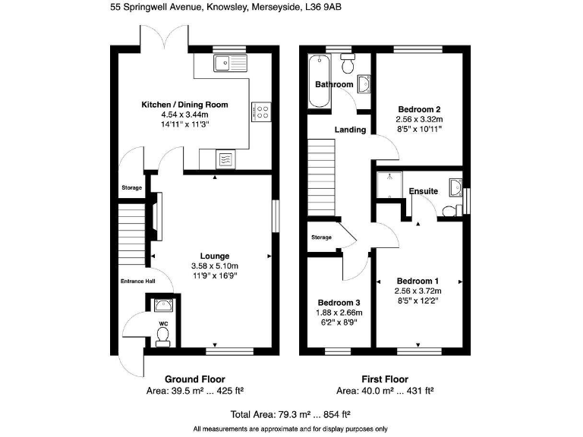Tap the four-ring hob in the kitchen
(261, 112)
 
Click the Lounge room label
(214, 256)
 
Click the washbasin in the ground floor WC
(162, 306)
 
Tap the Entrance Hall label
(137, 281)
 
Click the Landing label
(351, 130)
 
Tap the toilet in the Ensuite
(450, 209)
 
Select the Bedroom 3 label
(339, 301)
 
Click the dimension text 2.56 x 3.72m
(418, 291)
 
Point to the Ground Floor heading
(194, 379)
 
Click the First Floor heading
(384, 379)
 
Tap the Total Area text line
(290, 414)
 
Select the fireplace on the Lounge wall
(157, 219)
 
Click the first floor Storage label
(321, 237)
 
